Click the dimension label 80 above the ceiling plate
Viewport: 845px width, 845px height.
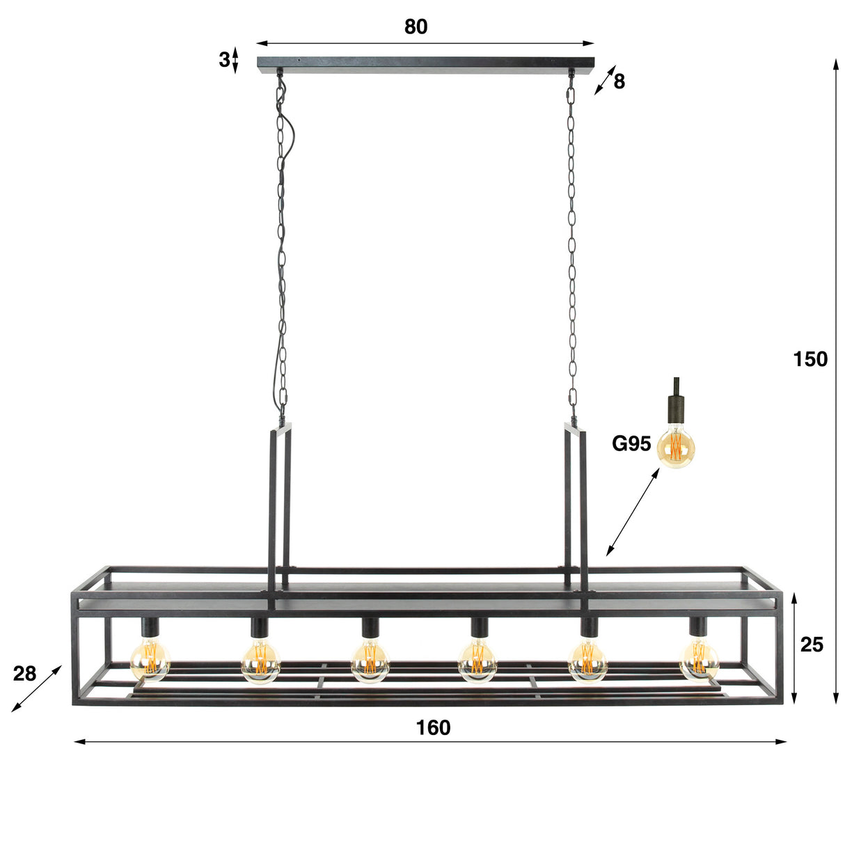coord(416,26)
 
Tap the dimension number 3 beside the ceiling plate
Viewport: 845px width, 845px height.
coord(223,60)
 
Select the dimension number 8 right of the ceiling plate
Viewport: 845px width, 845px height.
coord(619,82)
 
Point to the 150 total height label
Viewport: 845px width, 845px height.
coord(810,359)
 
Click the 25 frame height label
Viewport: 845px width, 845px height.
coord(811,645)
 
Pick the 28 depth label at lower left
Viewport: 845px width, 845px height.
coord(24,674)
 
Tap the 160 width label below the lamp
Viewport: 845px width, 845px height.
coord(433,727)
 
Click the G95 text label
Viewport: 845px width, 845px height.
coord(631,443)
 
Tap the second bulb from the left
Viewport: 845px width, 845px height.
coord(260,661)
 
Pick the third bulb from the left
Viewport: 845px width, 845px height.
coord(370,661)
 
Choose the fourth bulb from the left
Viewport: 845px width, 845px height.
coord(477,661)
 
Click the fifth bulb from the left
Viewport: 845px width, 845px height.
coord(588,661)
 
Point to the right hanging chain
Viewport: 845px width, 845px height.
coord(572,244)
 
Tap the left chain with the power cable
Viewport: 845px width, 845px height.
coord(281,244)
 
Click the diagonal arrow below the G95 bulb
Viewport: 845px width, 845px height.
coord(633,512)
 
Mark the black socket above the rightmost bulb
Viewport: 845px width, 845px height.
coord(697,627)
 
